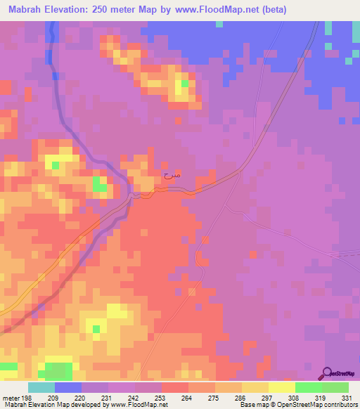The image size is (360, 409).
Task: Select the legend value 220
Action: pos(82,397)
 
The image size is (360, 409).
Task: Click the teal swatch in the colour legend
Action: pos(41,387)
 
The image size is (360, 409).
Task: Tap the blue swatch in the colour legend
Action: pos(68,387)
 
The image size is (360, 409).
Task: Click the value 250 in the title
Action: pos(98,10)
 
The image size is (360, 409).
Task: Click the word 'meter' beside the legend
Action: pos(10,397)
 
